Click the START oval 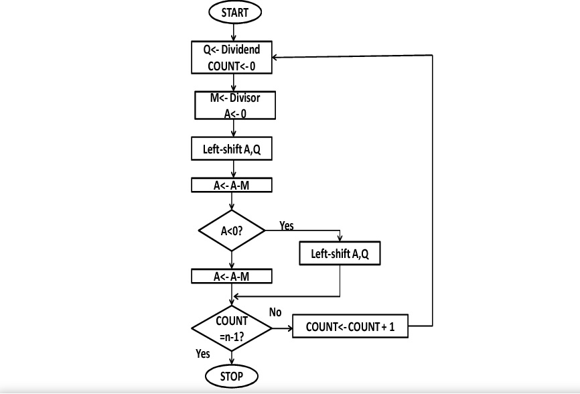(234, 12)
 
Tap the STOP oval (232, 376)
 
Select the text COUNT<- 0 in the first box (232, 66)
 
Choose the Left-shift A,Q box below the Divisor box (232, 149)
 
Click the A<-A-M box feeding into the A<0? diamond (232, 185)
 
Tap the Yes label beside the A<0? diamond (286, 226)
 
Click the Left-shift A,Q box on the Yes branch (341, 255)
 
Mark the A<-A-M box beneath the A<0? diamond (232, 276)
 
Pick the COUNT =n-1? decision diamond (232, 328)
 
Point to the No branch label (275, 312)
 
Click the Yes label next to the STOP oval (202, 353)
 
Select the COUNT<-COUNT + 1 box (350, 327)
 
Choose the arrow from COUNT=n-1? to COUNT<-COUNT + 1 (283, 328)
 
